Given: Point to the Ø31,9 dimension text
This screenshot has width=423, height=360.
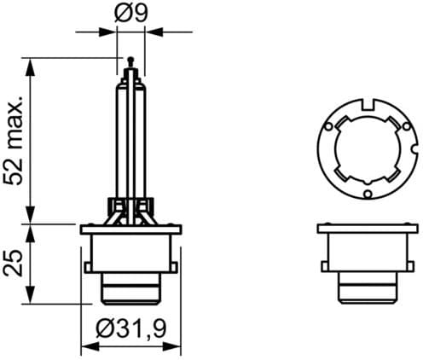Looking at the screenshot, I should tap(131, 328).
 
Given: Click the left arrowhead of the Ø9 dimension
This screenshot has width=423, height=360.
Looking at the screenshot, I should tap(110, 32).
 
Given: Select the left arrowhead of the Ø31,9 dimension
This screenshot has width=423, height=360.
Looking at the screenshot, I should tap(86, 347).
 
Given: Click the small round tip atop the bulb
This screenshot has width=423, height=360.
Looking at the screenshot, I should tap(130, 61).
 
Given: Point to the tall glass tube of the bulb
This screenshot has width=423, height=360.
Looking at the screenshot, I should tap(130, 136).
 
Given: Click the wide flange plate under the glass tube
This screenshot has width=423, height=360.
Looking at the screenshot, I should tap(131, 229).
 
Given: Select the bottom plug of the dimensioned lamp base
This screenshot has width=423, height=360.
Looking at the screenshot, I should tap(131, 288).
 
